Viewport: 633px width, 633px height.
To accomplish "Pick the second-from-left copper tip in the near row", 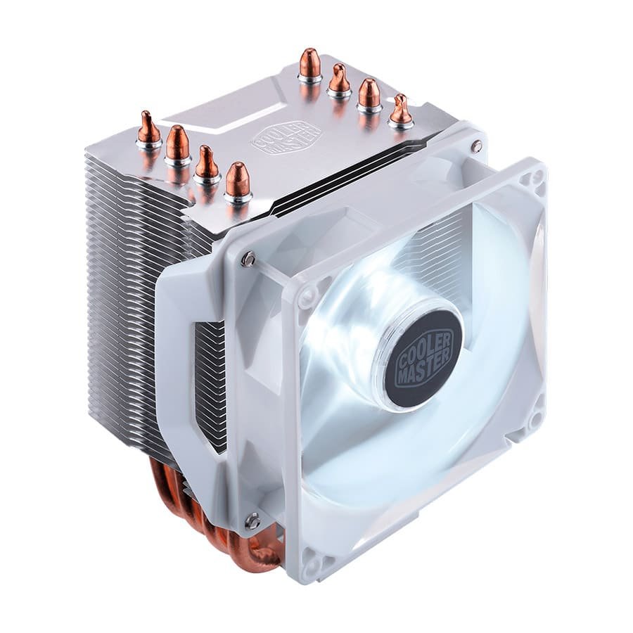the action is coord(177,143).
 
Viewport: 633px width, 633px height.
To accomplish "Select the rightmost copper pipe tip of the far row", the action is coord(400,109).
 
